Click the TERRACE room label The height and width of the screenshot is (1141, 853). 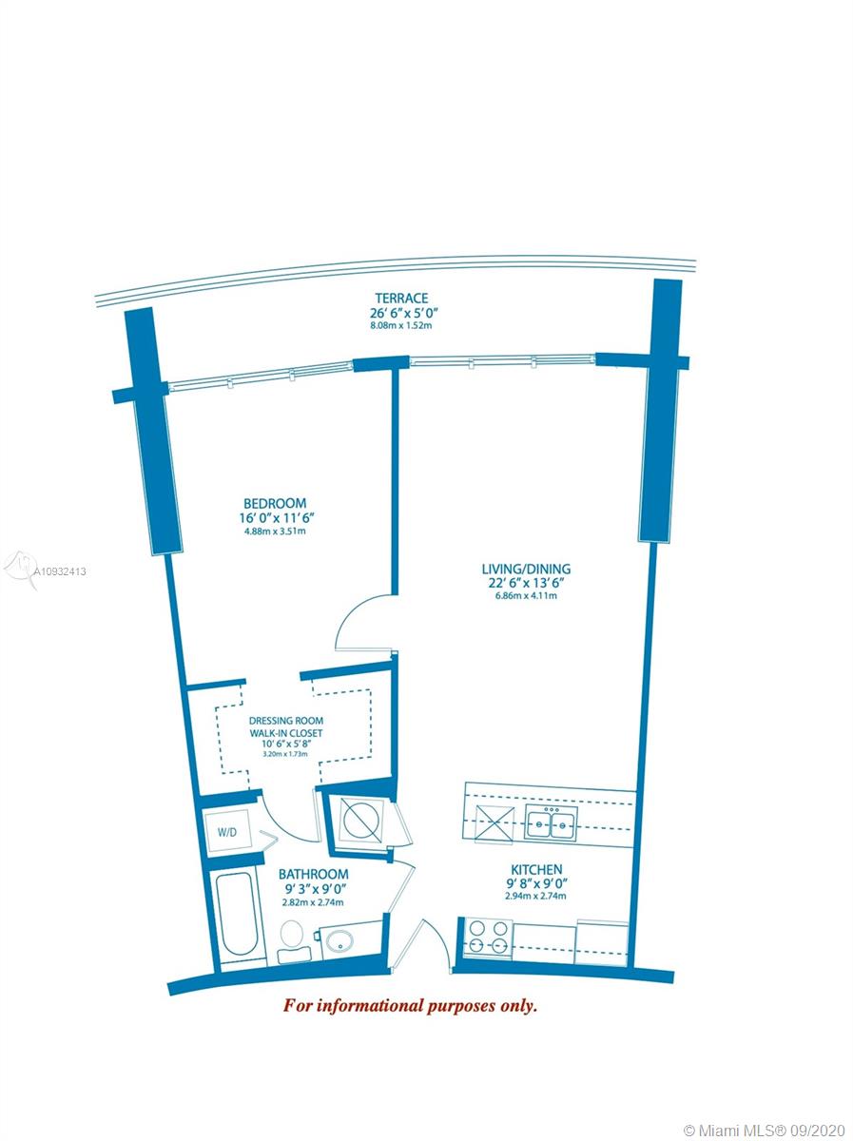point(402,299)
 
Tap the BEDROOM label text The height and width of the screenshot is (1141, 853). point(275,503)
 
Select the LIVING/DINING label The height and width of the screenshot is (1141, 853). point(526,569)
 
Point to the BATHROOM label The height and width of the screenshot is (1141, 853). point(314,874)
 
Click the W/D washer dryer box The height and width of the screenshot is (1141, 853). point(227,833)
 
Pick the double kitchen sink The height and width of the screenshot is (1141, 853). point(551,822)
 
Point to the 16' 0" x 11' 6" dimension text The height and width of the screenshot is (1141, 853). point(275,518)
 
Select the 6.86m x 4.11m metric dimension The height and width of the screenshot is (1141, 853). point(526,596)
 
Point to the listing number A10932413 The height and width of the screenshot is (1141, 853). point(60,571)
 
